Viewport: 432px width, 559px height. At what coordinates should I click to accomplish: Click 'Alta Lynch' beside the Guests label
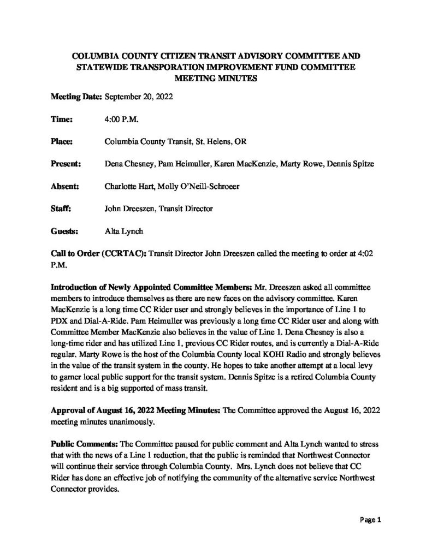pyautogui.click(x=123, y=231)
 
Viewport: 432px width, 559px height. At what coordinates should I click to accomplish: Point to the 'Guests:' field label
pyautogui.click(x=65, y=231)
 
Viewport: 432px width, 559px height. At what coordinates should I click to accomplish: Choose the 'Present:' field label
pyautogui.click(x=66, y=163)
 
